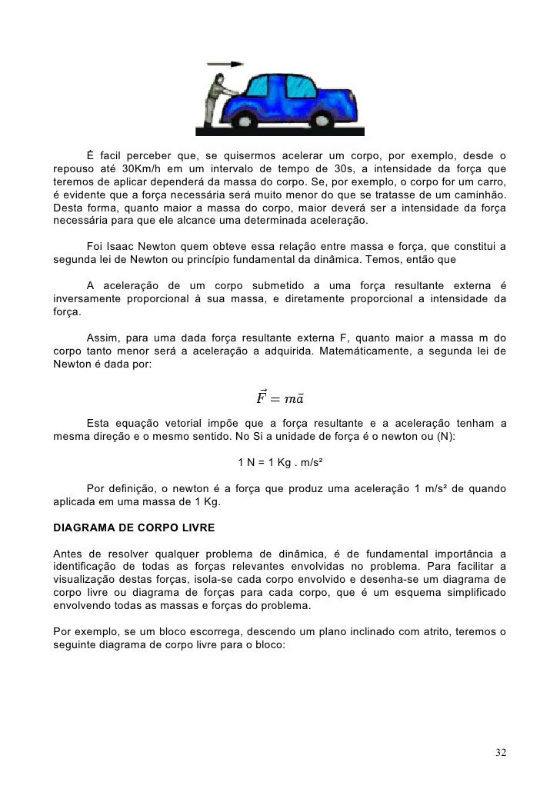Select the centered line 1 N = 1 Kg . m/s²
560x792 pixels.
(x=280, y=462)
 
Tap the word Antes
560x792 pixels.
(x=68, y=556)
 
